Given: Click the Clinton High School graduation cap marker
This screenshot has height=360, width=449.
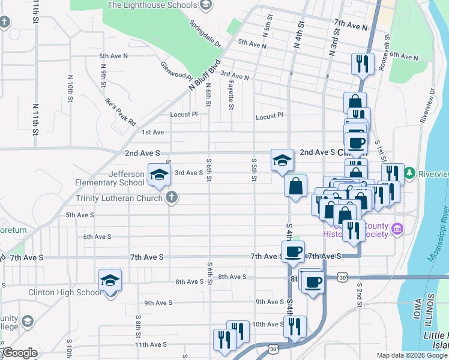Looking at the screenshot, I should pos(110,280).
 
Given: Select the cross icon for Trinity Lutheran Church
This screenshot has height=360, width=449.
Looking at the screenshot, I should pos(172,197).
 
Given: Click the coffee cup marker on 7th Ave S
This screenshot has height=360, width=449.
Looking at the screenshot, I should pos(293,252).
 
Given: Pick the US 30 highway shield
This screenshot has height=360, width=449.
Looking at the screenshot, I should pos(342,278).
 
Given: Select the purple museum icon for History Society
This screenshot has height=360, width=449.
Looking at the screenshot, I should pos(397,229).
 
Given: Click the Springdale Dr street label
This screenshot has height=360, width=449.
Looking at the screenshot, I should pos(205,35).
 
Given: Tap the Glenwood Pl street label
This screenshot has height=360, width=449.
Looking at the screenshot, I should pos(176,70).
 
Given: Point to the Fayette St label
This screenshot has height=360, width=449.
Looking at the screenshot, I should pos(231,96).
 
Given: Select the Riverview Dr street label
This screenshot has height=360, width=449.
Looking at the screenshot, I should pos(427,107).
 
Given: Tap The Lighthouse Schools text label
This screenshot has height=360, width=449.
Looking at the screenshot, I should pos(152,5).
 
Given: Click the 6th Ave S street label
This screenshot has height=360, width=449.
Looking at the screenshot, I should pos(97,237).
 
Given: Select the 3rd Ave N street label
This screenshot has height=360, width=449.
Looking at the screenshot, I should pos(234,76).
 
